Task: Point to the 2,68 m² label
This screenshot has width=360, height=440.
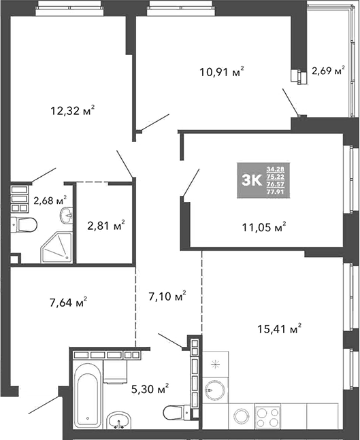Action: pos(50,200)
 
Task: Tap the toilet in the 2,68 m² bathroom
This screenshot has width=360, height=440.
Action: pos(24,224)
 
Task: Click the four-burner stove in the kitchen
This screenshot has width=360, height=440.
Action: pos(267,415)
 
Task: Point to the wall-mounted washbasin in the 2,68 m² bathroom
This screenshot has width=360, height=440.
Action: pos(67,216)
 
